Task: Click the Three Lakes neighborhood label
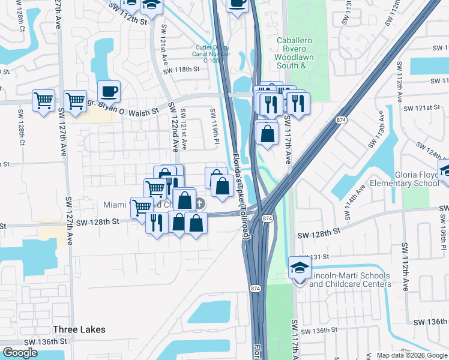tap(79, 329)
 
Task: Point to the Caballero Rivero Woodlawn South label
tap(294, 53)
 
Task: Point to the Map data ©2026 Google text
tap(411, 355)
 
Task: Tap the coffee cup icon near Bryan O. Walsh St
tap(109, 91)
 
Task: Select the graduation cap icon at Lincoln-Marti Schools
tap(300, 267)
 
